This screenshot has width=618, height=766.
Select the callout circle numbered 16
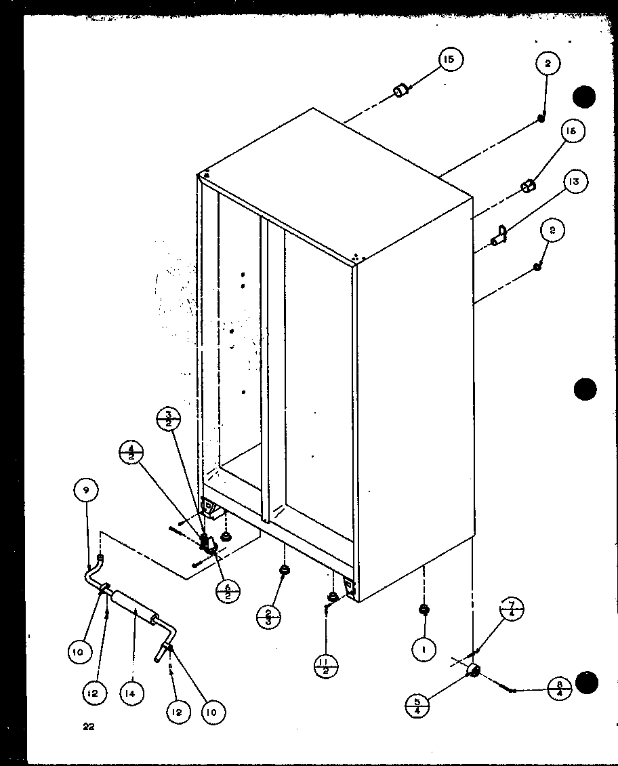[x=571, y=132]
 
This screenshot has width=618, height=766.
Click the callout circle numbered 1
[x=424, y=649]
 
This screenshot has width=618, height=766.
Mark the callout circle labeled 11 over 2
[x=326, y=666]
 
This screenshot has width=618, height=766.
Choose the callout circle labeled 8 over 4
[x=559, y=689]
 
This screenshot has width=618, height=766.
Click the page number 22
[x=88, y=727]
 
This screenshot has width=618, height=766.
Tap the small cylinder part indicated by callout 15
[x=403, y=90]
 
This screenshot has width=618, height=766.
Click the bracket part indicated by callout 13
[x=500, y=235]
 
